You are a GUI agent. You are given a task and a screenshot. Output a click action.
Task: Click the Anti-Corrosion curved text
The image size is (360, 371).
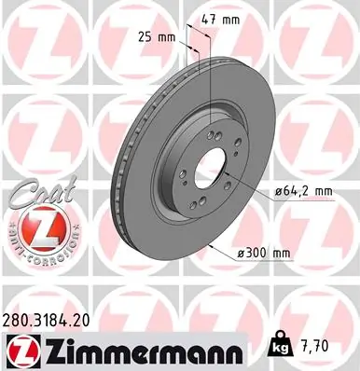[x=30, y=250]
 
